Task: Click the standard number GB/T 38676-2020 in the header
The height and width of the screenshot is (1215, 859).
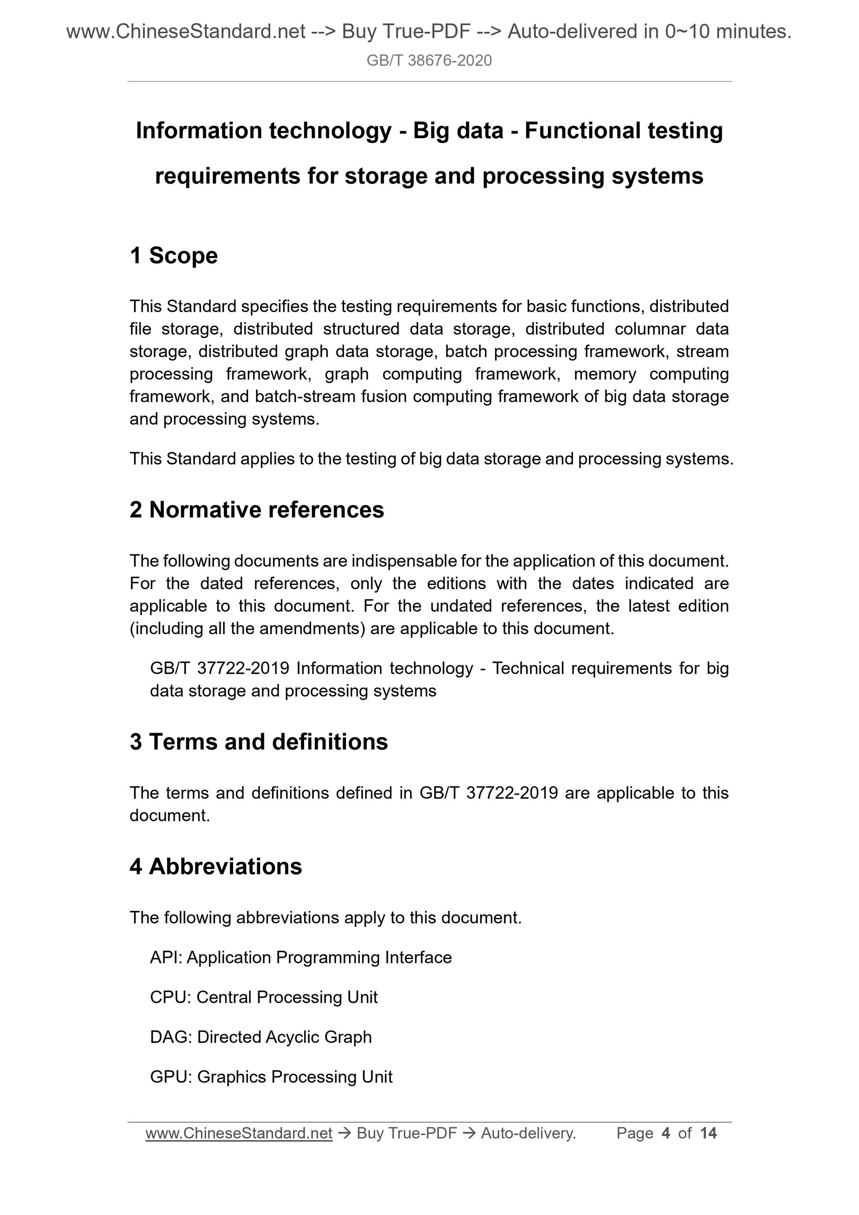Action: click(429, 61)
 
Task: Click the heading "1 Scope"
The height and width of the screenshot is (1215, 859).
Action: click(173, 256)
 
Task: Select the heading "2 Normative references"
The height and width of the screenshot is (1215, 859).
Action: click(257, 510)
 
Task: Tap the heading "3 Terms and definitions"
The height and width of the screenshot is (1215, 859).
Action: click(258, 741)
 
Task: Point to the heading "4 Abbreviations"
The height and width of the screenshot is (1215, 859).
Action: click(215, 866)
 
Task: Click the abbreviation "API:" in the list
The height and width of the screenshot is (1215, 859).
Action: click(166, 957)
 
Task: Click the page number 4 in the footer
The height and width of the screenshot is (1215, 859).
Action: click(666, 1133)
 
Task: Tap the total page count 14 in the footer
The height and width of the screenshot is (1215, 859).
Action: click(708, 1133)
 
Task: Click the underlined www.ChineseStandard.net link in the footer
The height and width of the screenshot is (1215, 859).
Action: click(239, 1133)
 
